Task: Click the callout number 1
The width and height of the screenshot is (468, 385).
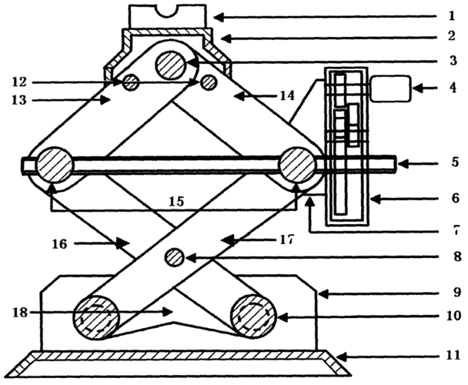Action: pyautogui.click(x=452, y=15)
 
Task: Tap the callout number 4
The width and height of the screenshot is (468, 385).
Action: pyautogui.click(x=453, y=88)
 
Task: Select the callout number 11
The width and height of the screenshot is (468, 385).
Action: pyautogui.click(x=453, y=356)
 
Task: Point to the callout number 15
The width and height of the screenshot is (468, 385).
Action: pyautogui.click(x=176, y=202)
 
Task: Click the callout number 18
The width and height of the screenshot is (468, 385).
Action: pyautogui.click(x=20, y=313)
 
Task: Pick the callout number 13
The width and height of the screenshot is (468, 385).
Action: pyautogui.click(x=19, y=100)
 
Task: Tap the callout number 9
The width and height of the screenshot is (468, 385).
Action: pyautogui.click(x=457, y=292)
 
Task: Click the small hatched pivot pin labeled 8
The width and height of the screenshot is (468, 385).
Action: pyautogui.click(x=175, y=258)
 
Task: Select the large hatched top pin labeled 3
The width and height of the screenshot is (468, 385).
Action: pyautogui.click(x=170, y=65)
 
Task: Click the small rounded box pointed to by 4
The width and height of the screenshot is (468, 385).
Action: pyautogui.click(x=390, y=89)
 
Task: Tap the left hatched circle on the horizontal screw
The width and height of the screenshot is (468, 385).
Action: pyautogui.click(x=54, y=165)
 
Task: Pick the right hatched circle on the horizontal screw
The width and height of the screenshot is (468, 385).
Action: pyautogui.click(x=297, y=165)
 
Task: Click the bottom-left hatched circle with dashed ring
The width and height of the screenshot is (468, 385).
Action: pyautogui.click(x=96, y=317)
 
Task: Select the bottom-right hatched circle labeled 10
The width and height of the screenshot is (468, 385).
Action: pyautogui.click(x=254, y=316)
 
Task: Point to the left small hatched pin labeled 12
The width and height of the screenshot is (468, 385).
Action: pyautogui.click(x=131, y=82)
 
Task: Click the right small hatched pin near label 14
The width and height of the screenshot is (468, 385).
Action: pyautogui.click(x=209, y=82)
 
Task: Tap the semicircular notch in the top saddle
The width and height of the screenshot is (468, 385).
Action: pyautogui.click(x=167, y=10)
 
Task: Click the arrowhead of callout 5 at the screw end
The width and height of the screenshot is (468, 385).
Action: pyautogui.click(x=402, y=164)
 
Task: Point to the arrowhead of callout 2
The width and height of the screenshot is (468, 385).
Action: pyautogui.click(x=226, y=38)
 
